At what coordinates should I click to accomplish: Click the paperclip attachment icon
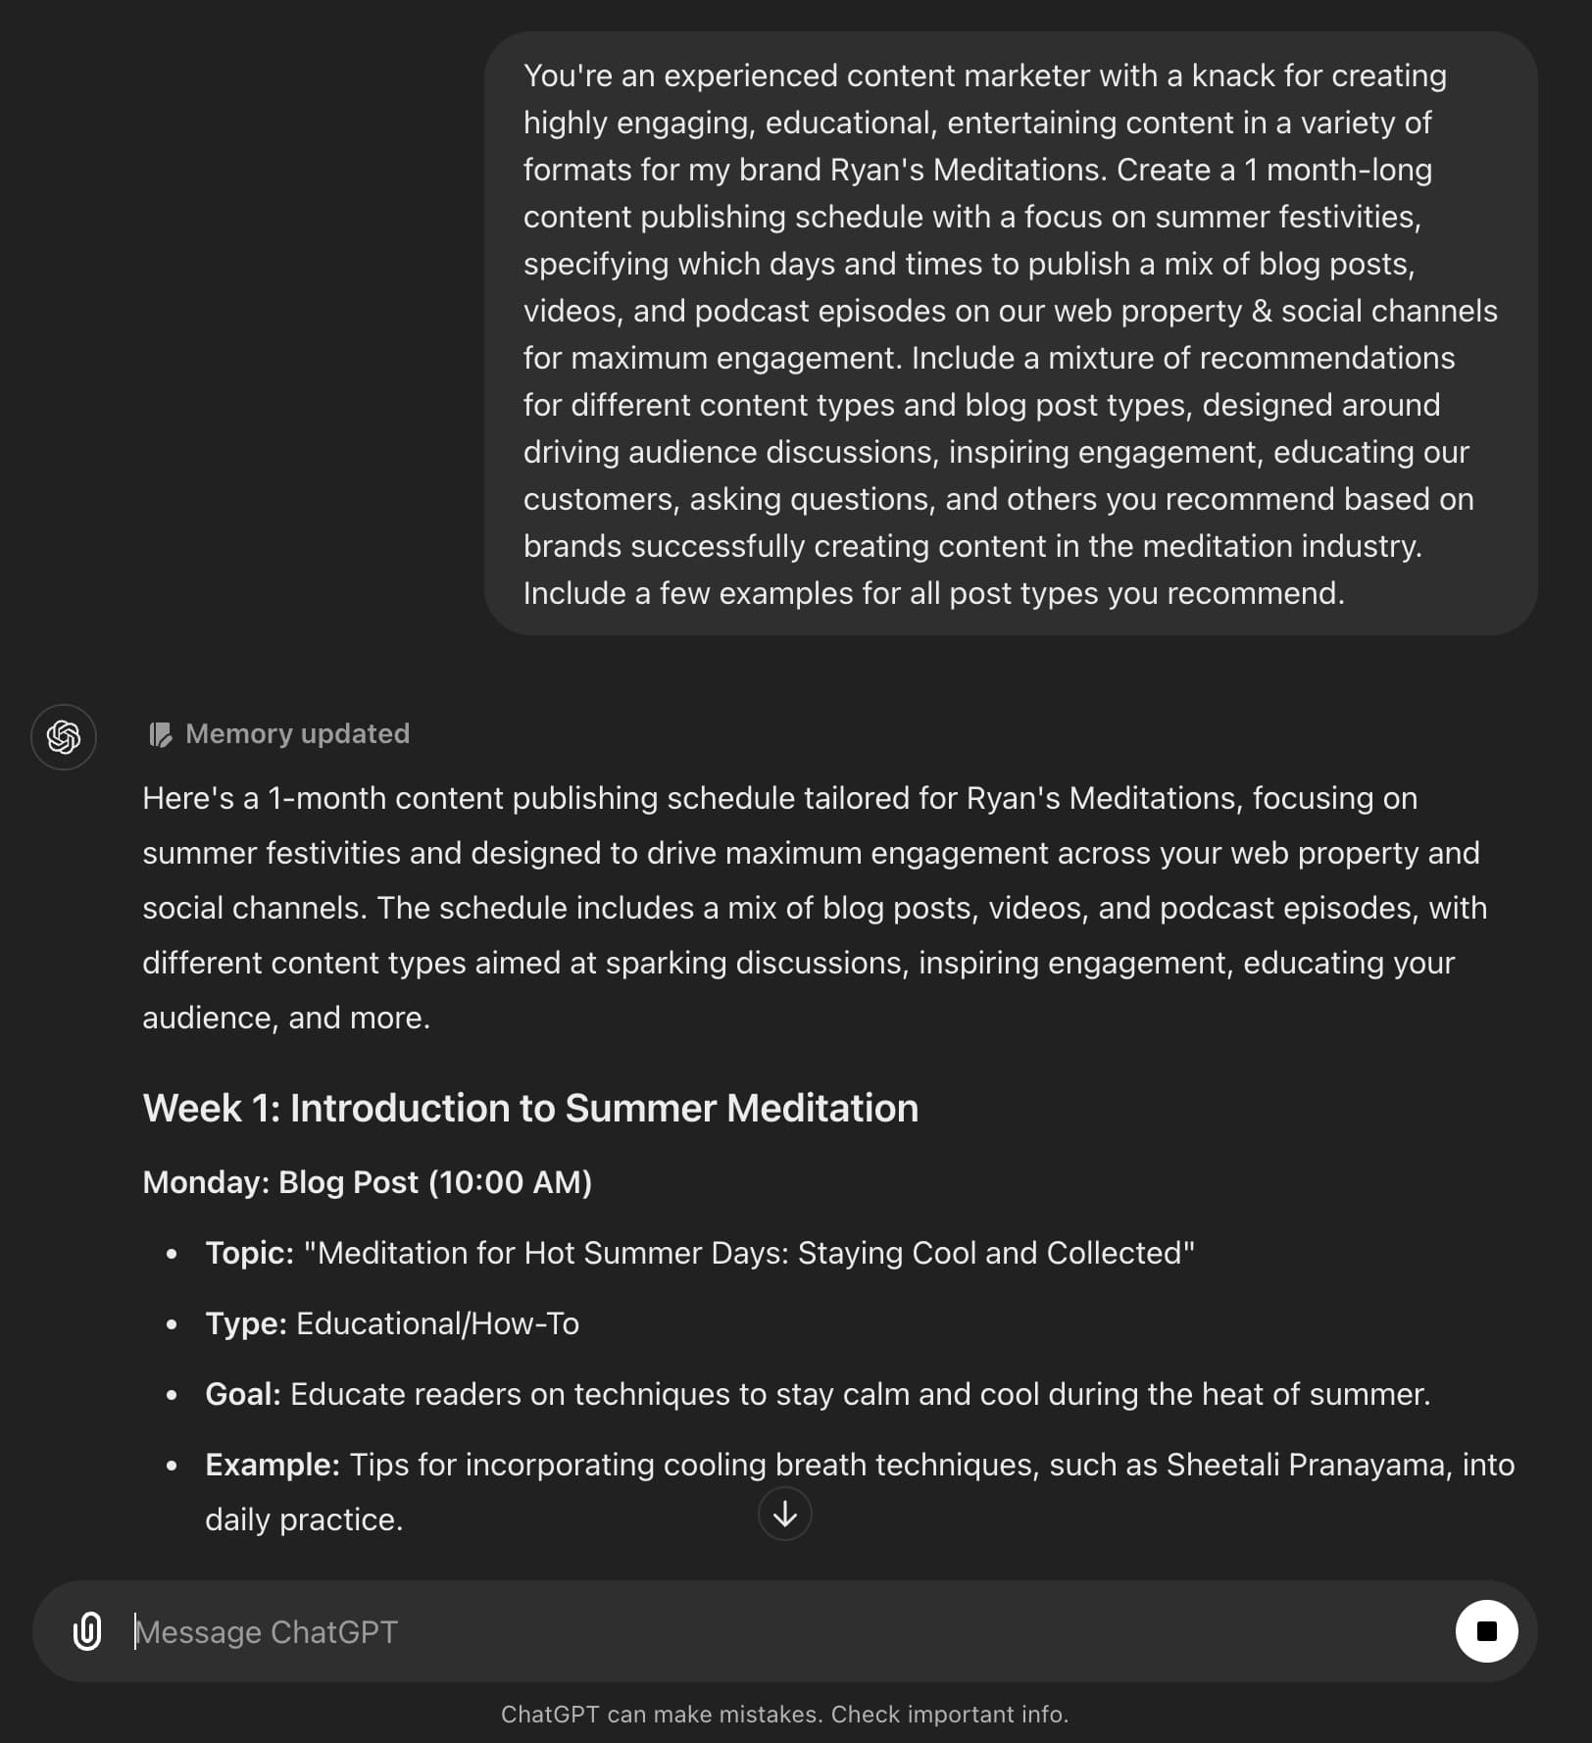pyautogui.click(x=87, y=1631)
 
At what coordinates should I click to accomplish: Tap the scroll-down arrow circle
pyautogui.click(x=784, y=1515)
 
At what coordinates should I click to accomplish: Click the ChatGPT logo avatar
pyautogui.click(x=64, y=736)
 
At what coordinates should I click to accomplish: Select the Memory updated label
pyautogui.click(x=297, y=733)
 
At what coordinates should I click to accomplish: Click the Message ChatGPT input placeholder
pyautogui.click(x=267, y=1631)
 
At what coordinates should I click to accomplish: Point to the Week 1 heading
pyautogui.click(x=530, y=1108)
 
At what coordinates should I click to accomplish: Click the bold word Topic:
pyautogui.click(x=249, y=1253)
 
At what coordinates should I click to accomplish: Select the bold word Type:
pyautogui.click(x=245, y=1323)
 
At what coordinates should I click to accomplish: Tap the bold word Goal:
pyautogui.click(x=242, y=1394)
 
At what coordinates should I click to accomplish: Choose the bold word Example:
pyautogui.click(x=272, y=1465)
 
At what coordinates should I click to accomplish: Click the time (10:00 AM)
pyautogui.click(x=510, y=1182)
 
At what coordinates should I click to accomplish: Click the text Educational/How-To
pyautogui.click(x=437, y=1323)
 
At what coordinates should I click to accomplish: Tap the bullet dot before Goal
pyautogui.click(x=173, y=1395)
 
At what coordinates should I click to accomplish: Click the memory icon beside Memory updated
pyautogui.click(x=160, y=734)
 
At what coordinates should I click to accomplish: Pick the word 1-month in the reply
pyautogui.click(x=327, y=798)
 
